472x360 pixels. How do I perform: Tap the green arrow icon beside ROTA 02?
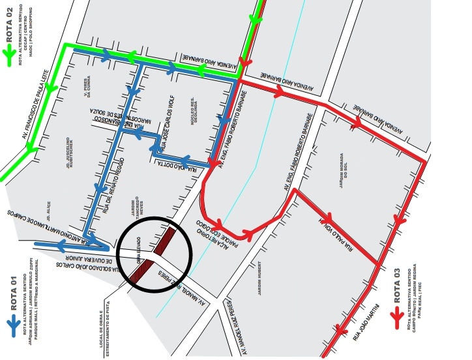point(9,56)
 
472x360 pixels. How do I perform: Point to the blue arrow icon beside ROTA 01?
point(12,323)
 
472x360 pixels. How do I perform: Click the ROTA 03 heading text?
point(396,284)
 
